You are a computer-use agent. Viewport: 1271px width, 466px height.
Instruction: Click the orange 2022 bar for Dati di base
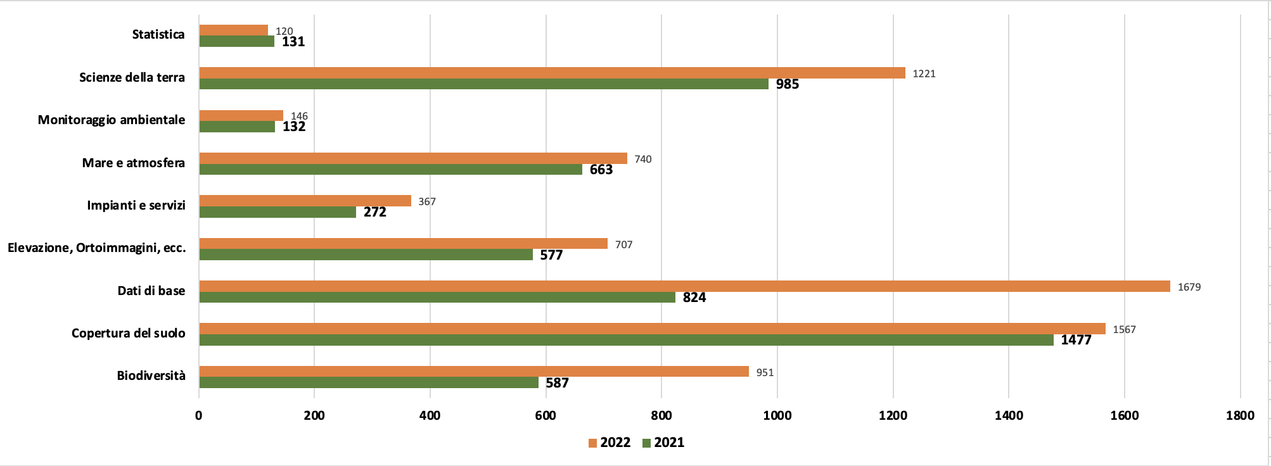click(684, 286)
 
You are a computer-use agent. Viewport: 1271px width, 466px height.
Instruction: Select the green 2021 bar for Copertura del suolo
click(626, 340)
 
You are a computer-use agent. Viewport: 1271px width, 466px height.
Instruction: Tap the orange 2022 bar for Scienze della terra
click(552, 73)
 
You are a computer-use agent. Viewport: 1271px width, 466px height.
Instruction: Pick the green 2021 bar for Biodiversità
click(369, 382)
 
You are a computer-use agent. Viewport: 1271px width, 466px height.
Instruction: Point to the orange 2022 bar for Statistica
click(233, 30)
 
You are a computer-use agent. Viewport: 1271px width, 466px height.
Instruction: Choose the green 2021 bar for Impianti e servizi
click(278, 212)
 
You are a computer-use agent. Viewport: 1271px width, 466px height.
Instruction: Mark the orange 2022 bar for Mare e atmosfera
click(413, 158)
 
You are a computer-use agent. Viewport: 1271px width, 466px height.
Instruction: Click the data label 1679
click(1189, 287)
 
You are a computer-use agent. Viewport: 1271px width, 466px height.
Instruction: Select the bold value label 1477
click(1076, 340)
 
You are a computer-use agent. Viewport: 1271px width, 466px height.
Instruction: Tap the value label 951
click(765, 372)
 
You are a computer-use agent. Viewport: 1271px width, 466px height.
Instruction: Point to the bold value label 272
click(374, 212)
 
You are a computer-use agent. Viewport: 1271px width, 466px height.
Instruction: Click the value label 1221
click(924, 73)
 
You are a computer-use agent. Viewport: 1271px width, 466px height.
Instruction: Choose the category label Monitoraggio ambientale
click(112, 120)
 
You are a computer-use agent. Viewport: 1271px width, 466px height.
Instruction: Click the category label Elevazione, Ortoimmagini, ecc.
click(97, 248)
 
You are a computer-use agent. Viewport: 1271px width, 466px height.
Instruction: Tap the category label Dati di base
click(151, 291)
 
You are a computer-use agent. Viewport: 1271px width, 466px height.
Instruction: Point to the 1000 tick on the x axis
click(777, 415)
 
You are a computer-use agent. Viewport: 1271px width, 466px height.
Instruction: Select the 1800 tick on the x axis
click(1239, 415)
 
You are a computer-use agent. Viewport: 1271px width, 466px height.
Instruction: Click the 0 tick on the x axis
click(199, 415)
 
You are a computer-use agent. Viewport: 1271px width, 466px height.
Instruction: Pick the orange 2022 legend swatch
click(593, 443)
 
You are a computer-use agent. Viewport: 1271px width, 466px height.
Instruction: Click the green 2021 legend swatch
click(647, 443)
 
